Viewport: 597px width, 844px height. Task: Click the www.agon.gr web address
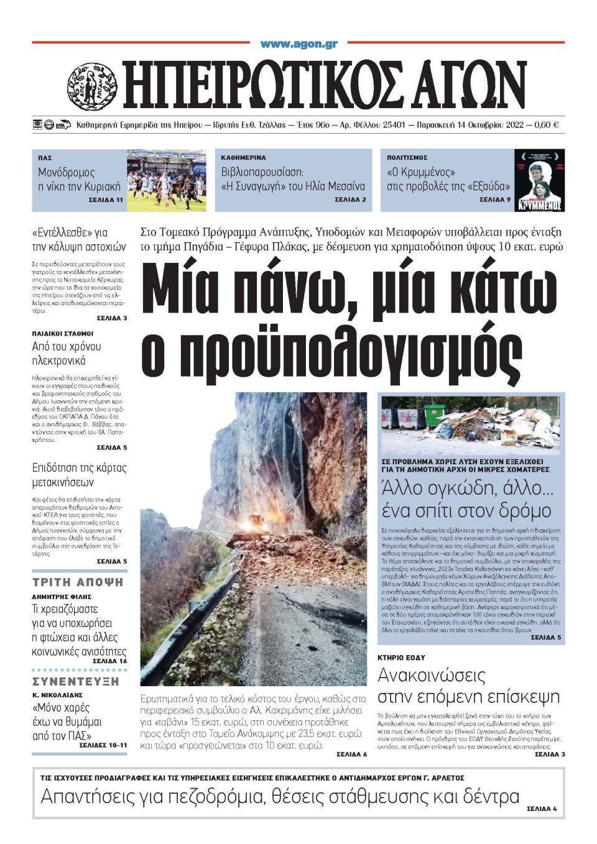[x=298, y=44]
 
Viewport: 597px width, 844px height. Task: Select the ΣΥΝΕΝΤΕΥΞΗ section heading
[x=78, y=680]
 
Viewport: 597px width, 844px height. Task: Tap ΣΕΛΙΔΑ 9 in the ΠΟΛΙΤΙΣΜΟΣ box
[x=494, y=200]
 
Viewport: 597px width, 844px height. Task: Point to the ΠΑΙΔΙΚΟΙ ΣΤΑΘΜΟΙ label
[x=62, y=333]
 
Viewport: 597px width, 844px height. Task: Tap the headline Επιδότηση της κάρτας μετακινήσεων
[x=79, y=475]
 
